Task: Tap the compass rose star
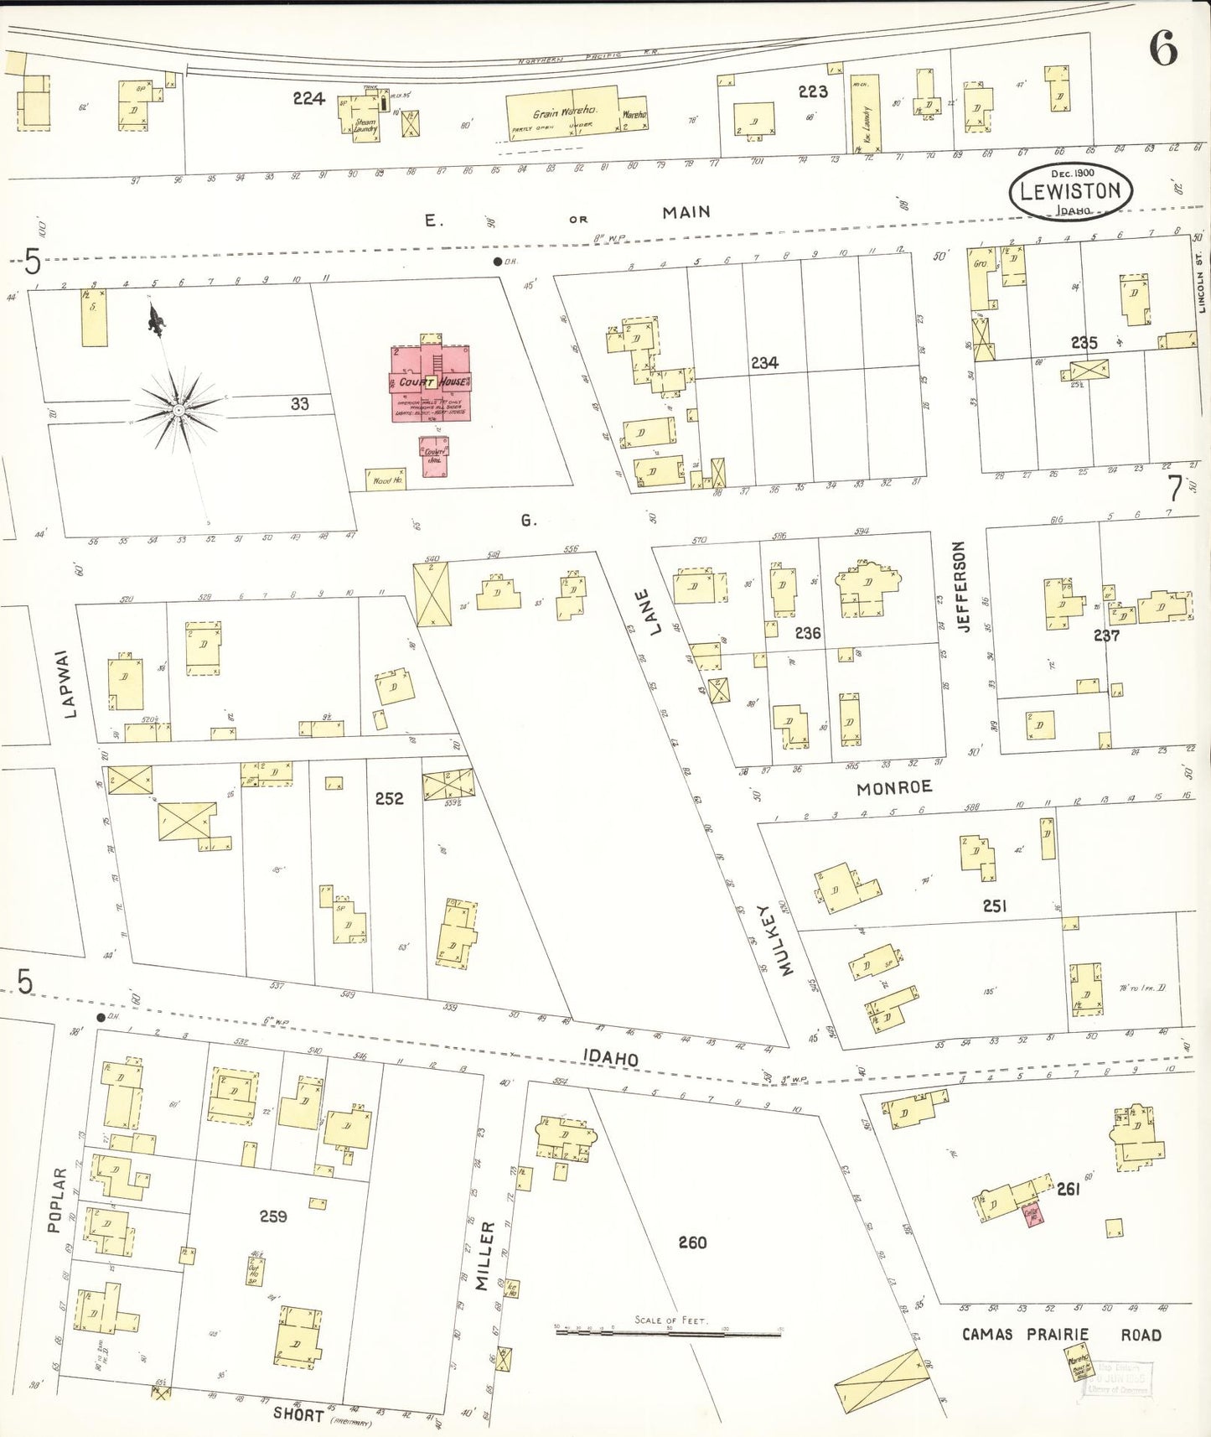178,410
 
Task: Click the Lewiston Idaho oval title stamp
1070,192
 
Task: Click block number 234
763,362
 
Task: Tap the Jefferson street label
960,586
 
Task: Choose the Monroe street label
893,787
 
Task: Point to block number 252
389,798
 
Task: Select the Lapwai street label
70,683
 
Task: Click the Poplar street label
55,1200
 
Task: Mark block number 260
692,1242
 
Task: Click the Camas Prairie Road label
1061,1334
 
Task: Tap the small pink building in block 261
1032,1213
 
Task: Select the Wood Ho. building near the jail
386,480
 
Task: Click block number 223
812,91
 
